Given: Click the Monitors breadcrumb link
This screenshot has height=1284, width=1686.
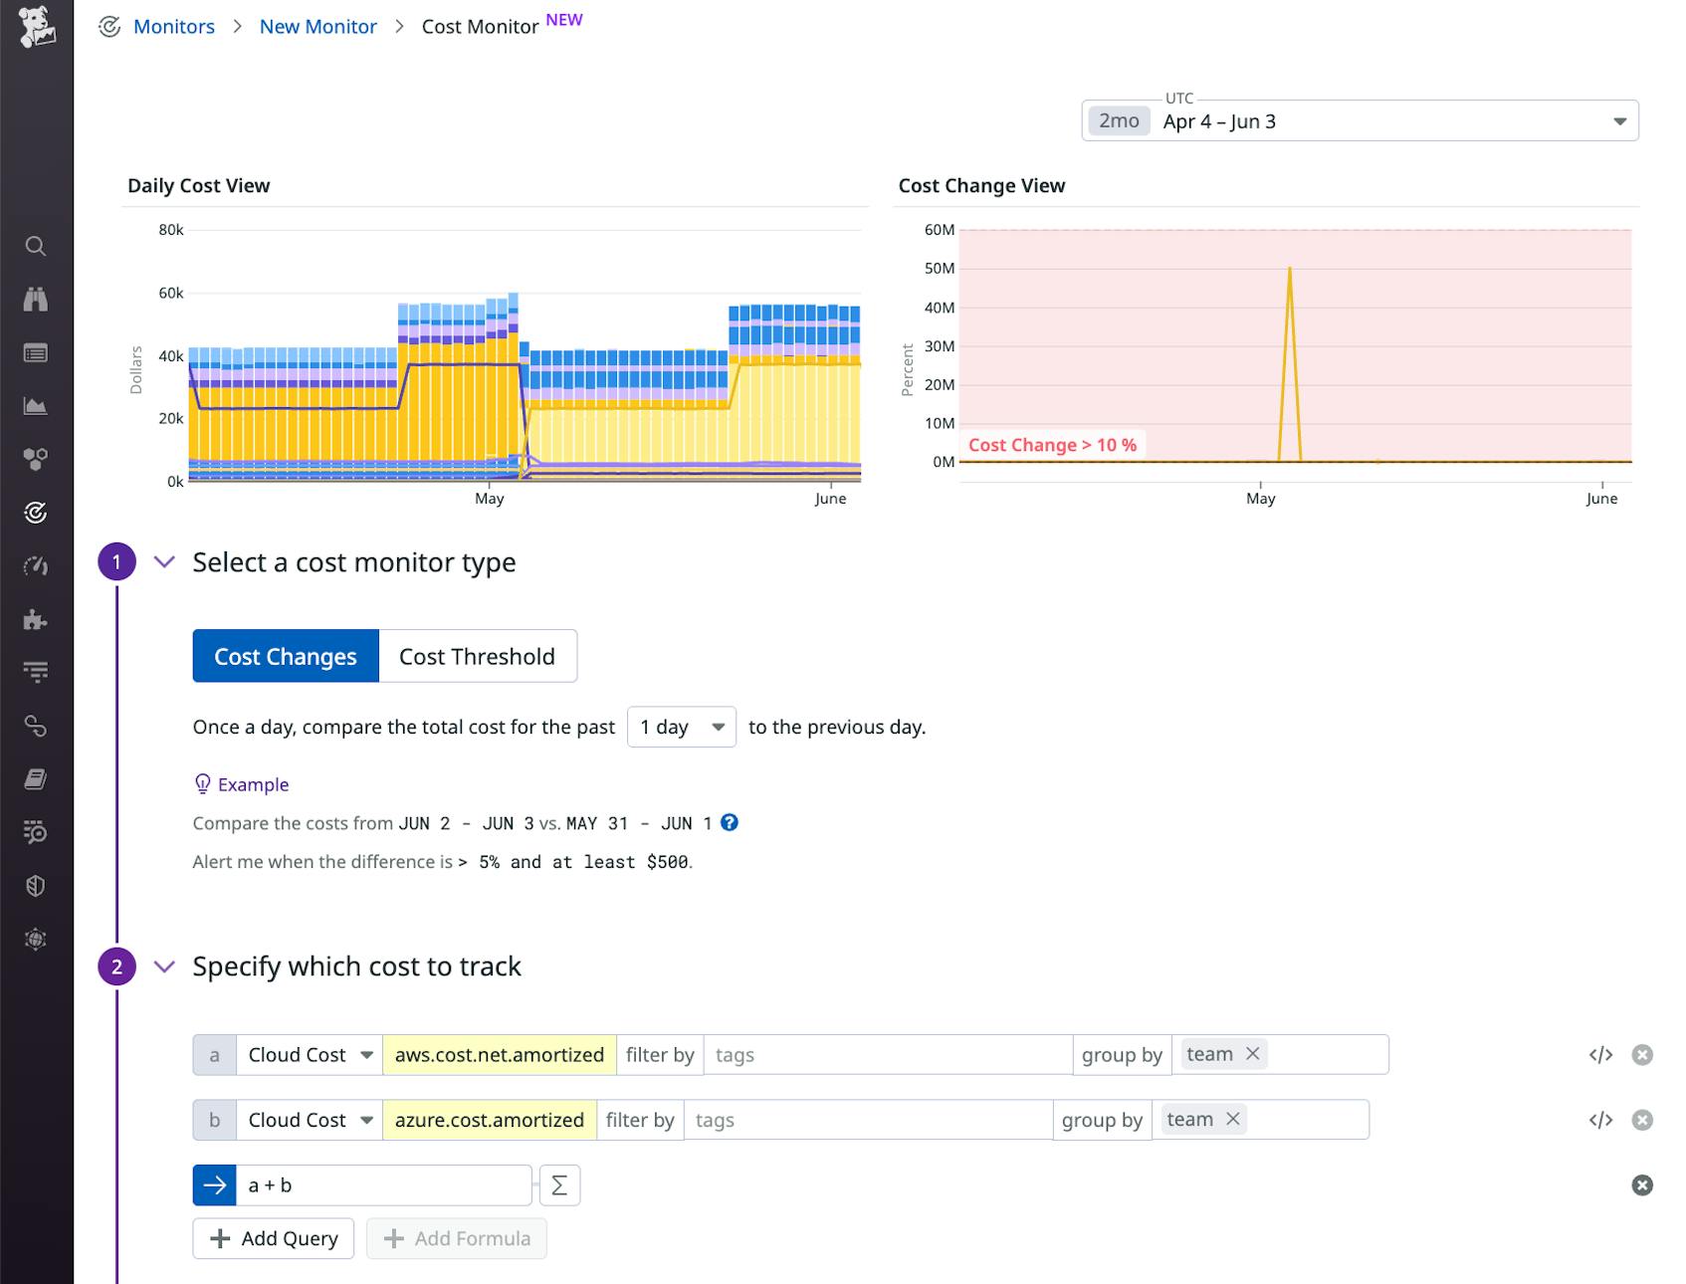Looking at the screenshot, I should [x=173, y=27].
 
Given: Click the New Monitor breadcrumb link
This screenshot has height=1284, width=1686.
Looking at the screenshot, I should [x=317, y=27].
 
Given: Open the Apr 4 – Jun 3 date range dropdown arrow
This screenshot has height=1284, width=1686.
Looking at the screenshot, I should [x=1619, y=121].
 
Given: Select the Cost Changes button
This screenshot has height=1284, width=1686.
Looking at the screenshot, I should [x=286, y=656].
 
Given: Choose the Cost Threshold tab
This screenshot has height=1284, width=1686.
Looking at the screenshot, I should [x=477, y=656].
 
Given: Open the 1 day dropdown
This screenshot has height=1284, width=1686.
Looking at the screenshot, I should [x=681, y=727].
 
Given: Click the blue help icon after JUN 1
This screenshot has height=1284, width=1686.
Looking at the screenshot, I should [x=730, y=822].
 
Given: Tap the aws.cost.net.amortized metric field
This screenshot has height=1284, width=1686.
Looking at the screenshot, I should [x=499, y=1055].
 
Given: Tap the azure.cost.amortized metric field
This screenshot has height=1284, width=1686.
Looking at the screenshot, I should [x=489, y=1120].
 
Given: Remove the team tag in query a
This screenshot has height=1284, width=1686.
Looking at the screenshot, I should [x=1253, y=1054].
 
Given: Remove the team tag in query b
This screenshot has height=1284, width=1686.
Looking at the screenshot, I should [x=1233, y=1119].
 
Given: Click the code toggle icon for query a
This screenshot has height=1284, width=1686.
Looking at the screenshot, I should [x=1600, y=1055].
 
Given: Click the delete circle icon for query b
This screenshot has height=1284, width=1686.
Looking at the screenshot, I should [x=1642, y=1120].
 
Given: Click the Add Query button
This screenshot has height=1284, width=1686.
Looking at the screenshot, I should [x=274, y=1238].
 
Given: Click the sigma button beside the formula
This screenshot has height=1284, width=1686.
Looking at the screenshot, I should [x=559, y=1185].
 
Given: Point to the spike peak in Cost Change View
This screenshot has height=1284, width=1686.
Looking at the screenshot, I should [x=1290, y=269].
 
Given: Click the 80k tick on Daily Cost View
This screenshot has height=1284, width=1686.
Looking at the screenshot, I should [x=171, y=230].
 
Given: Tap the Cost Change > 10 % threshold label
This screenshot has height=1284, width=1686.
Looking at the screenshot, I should [x=1052, y=445].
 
